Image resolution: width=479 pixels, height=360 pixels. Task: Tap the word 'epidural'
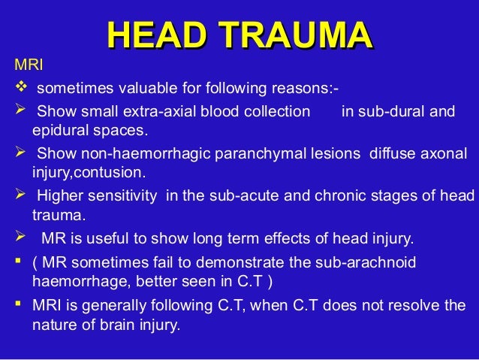pyautogui.click(x=59, y=132)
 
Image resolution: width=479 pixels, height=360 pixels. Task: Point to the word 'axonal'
pyautogui.click(x=445, y=154)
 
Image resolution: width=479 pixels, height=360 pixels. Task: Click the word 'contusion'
pyautogui.click(x=112, y=173)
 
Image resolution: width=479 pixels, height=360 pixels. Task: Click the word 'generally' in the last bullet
pyautogui.click(x=113, y=306)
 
